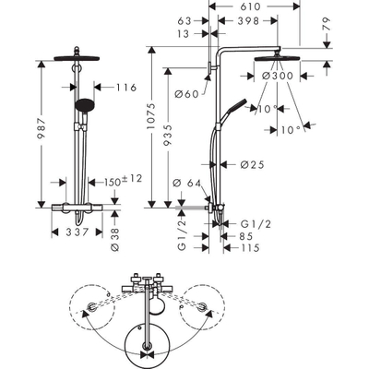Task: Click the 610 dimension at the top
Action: pos(251,6)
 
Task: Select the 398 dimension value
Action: pos(248,20)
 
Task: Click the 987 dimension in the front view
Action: pos(42,128)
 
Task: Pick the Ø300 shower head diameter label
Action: pos(278,76)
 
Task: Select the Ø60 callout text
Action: pos(187,94)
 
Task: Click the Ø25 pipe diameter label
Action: pos(252,165)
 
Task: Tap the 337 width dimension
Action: pos(77,232)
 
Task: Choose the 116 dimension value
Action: pos(126,88)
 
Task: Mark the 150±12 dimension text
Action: pos(123,181)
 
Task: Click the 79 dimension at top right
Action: pos(327,24)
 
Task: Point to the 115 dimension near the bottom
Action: pos(250,247)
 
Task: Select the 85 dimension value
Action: pos(245,236)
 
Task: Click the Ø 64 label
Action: pos(186,184)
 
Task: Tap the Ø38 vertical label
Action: pos(115,240)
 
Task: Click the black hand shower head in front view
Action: pos(85,105)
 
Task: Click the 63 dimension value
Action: pos(184,21)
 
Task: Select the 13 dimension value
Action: pos(184,33)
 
